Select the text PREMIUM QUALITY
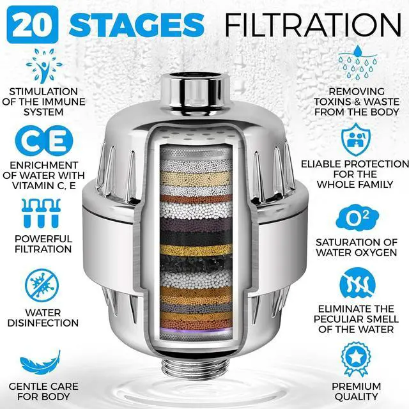pos(357,392)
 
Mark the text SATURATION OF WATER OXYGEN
pos(357,248)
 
